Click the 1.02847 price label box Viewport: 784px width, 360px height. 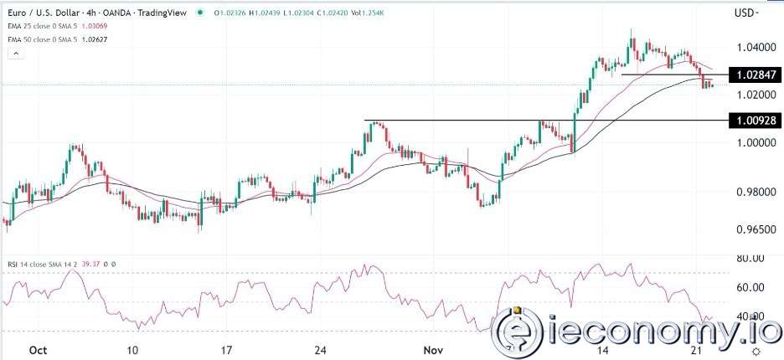pyautogui.click(x=756, y=75)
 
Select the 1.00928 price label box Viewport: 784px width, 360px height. pyautogui.click(x=756, y=121)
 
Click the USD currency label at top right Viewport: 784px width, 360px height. pyautogui.click(x=744, y=13)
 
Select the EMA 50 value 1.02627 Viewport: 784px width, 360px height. pyautogui.click(x=111, y=40)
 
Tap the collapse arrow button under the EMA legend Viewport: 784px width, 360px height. pyautogui.click(x=14, y=54)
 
